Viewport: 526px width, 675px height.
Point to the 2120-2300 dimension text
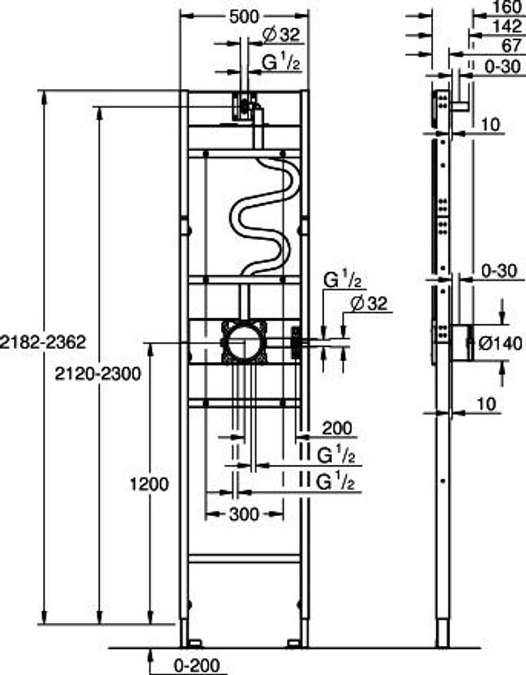(x=97, y=374)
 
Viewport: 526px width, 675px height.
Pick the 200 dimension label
(x=336, y=429)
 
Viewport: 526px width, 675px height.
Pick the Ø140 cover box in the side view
(x=461, y=342)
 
